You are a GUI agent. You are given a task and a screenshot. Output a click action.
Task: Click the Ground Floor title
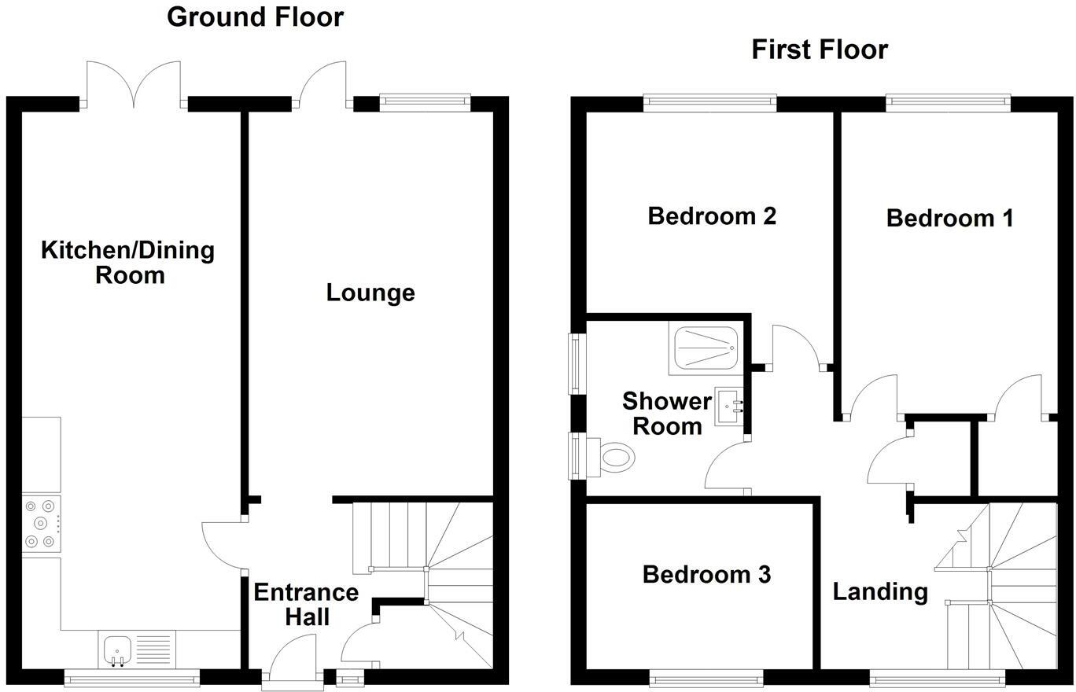tap(255, 17)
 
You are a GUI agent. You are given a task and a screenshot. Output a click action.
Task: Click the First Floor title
tap(819, 49)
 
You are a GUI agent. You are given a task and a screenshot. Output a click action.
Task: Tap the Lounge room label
tap(370, 293)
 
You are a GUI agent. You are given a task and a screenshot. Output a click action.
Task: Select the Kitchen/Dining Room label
tap(127, 263)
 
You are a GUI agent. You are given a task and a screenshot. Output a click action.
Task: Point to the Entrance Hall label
tap(306, 604)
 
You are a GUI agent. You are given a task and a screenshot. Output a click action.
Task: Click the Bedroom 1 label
tap(949, 218)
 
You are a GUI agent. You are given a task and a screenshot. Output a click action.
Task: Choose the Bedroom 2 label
tap(712, 215)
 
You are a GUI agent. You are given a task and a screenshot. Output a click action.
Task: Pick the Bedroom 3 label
tap(706, 574)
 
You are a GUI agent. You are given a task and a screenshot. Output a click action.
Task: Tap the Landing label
tap(880, 591)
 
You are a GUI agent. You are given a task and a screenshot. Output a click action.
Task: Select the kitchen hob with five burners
tap(42, 524)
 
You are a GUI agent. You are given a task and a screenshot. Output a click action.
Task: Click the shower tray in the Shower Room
tap(706, 348)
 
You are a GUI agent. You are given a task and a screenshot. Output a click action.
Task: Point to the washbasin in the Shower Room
tap(728, 407)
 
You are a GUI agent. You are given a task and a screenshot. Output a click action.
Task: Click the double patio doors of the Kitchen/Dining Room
tap(134, 85)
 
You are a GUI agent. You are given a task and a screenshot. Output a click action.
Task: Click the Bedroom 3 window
tap(706, 677)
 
